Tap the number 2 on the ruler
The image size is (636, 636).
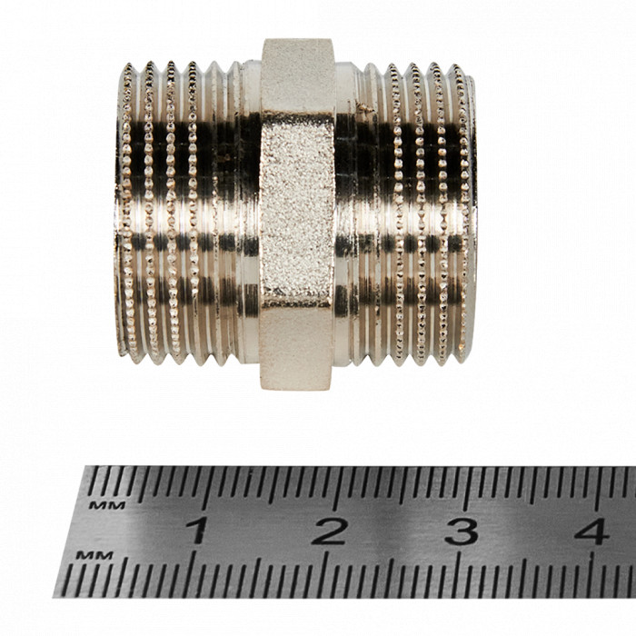tap(330, 531)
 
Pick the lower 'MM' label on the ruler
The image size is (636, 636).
tap(94, 555)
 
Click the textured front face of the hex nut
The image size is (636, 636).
tap(297, 210)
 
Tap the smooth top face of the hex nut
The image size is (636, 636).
tap(298, 76)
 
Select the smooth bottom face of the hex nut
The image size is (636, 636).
tap(295, 348)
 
